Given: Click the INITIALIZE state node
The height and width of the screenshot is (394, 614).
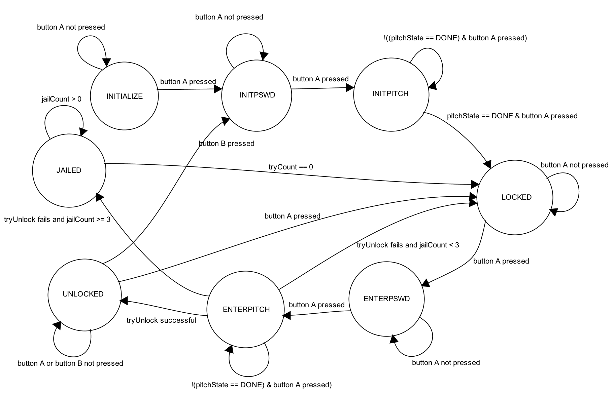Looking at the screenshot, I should [124, 96].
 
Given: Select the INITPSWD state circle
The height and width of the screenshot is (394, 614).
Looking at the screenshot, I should [257, 95].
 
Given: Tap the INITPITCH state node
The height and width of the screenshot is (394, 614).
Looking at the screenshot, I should [391, 94].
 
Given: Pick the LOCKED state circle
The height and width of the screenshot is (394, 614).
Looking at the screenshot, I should [515, 197].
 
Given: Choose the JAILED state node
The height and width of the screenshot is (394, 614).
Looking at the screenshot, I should [69, 170].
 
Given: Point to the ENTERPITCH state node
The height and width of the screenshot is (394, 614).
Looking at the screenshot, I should [246, 310].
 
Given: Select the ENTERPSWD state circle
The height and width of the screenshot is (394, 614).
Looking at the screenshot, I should [386, 299].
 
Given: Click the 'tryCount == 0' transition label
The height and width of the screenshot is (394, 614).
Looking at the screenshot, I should [291, 167].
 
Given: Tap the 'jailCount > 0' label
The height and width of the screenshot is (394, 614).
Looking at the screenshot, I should [61, 99].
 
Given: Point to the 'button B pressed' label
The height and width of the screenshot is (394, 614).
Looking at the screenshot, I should [226, 144].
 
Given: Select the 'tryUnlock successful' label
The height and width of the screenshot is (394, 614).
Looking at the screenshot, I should [161, 320].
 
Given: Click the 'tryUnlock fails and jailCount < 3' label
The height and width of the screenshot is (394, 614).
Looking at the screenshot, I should [408, 245].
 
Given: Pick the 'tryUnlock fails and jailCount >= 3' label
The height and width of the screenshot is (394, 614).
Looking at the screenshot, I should [57, 220].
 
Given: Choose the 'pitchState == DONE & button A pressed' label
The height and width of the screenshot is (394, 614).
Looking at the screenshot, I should [512, 116].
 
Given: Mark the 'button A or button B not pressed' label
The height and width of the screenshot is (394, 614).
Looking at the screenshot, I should [70, 363].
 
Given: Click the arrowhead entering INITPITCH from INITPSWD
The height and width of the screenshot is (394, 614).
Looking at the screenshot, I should [350, 88].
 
